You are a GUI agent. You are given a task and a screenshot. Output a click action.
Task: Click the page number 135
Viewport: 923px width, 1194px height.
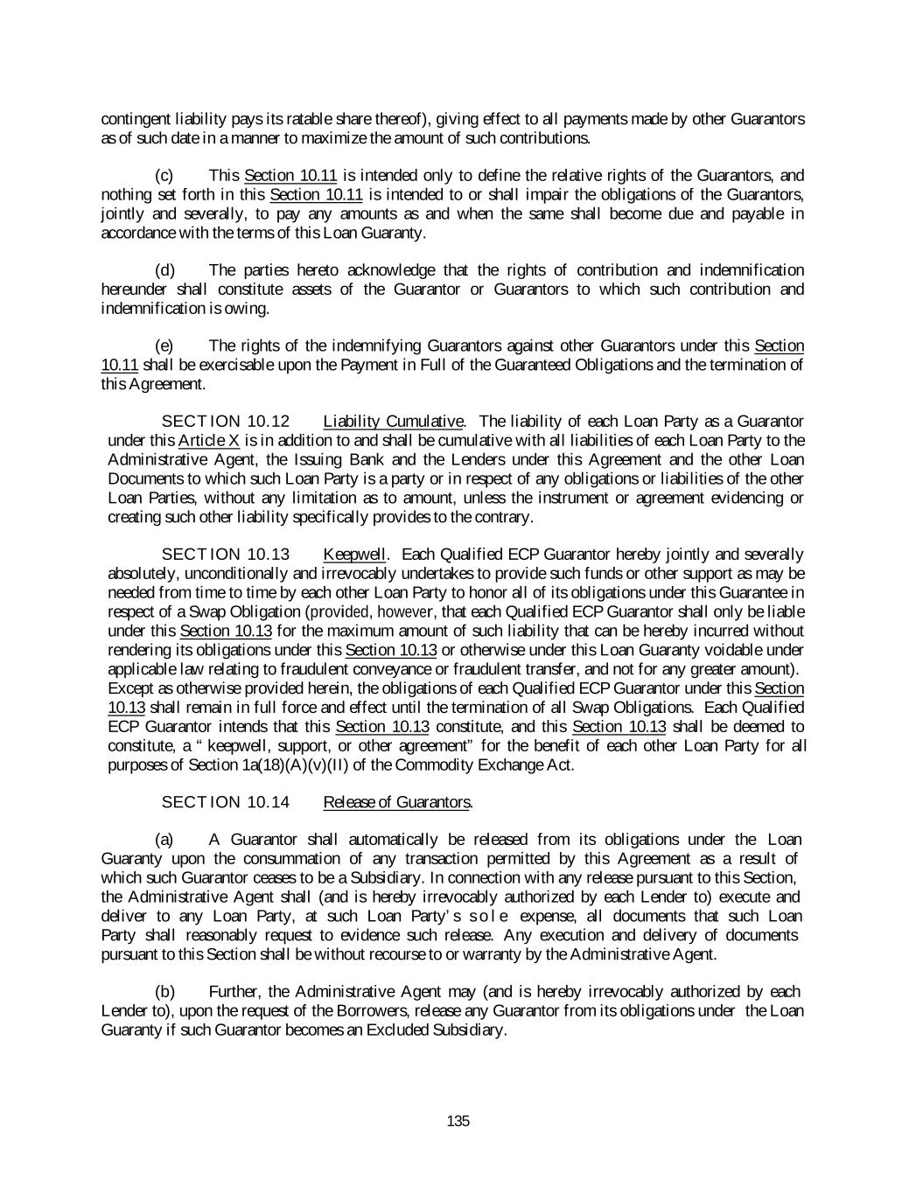pos(458,1121)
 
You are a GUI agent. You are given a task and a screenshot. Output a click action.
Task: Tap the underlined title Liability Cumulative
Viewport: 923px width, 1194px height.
pos(393,422)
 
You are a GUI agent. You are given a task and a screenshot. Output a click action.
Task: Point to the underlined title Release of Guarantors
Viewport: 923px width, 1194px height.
pos(397,802)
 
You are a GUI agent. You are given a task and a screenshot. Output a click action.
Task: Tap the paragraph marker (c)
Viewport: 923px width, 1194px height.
pos(164,176)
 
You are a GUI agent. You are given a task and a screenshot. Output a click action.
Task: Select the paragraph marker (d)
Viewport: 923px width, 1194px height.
pos(164,270)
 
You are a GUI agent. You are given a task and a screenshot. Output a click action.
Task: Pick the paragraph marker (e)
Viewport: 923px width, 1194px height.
pos(164,346)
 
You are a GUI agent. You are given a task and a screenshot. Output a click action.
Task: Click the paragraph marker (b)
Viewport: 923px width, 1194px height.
pos(164,991)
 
